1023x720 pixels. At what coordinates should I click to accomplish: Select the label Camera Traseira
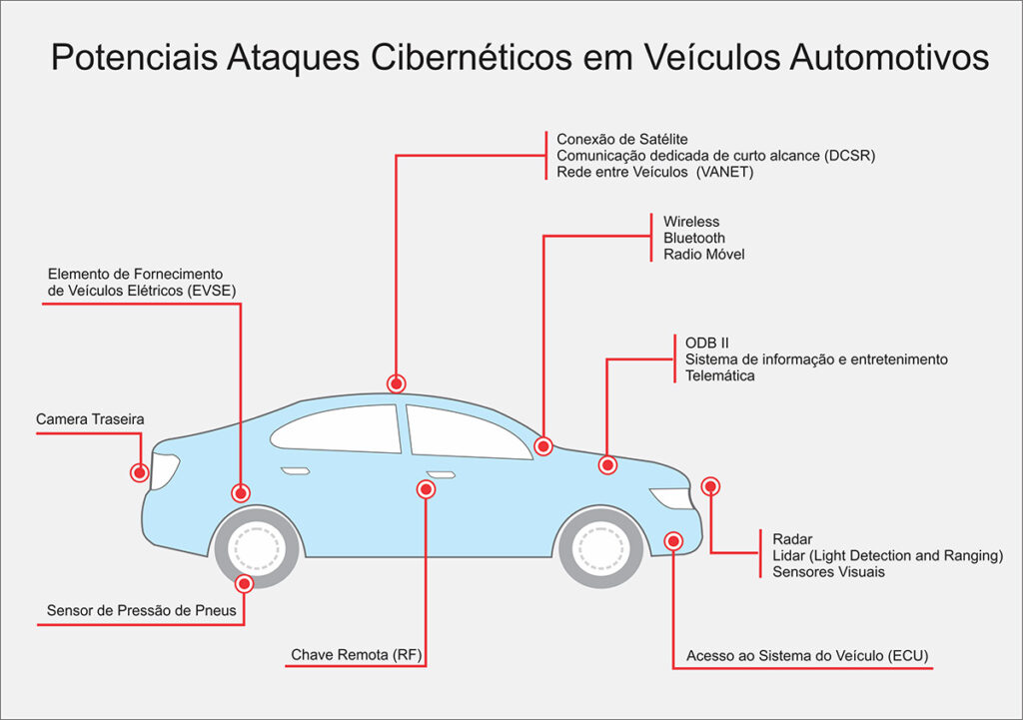point(90,419)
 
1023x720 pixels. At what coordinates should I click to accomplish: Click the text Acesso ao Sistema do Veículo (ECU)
point(807,656)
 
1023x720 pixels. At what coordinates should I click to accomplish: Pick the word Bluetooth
point(694,238)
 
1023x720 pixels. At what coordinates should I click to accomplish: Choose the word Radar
point(793,539)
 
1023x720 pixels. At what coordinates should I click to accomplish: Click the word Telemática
point(720,375)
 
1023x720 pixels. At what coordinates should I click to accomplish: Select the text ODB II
point(707,343)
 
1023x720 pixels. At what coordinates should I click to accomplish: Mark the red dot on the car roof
point(397,383)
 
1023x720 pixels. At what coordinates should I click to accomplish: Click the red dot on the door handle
point(427,489)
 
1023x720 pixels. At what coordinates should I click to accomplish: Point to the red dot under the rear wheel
point(244,584)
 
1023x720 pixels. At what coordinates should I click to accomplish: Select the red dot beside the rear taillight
point(139,471)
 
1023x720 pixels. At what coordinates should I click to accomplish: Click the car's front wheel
point(599,546)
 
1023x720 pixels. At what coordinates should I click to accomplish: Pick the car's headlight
point(669,497)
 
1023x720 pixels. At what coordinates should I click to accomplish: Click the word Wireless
point(691,222)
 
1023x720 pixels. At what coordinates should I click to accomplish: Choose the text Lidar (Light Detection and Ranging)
point(887,555)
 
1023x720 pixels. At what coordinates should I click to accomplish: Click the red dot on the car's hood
point(607,464)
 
